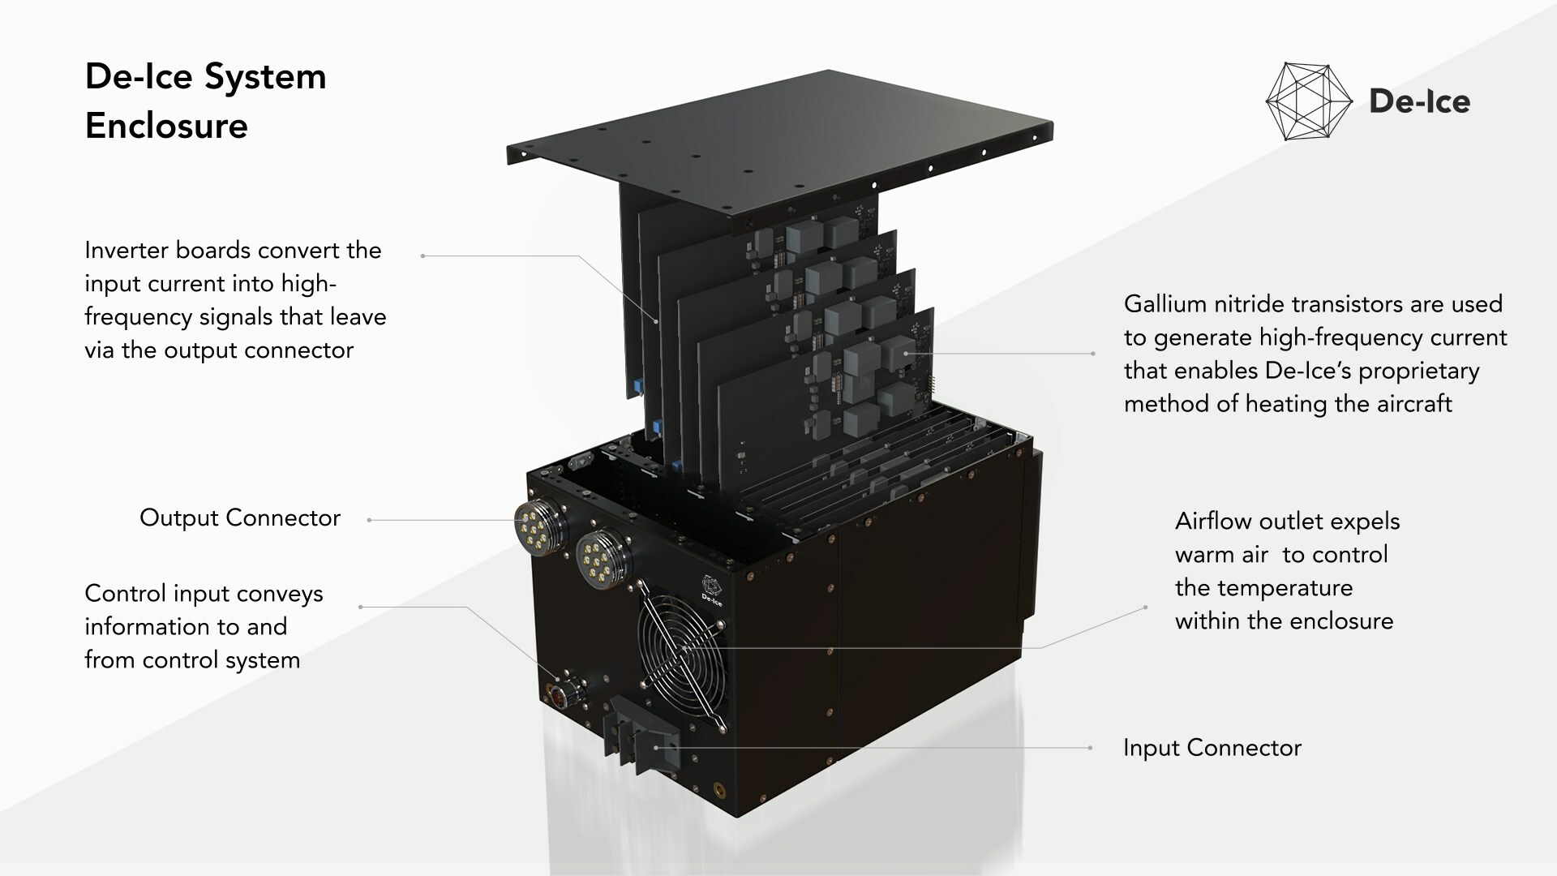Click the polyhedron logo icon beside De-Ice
tap(1308, 101)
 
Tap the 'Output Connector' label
tap(240, 518)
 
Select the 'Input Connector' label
tap(1212, 748)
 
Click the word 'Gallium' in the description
tap(1164, 304)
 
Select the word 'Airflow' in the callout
tap(1212, 522)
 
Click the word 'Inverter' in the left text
tap(127, 251)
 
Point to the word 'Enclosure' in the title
tap(166, 127)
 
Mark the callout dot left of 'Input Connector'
tap(1090, 748)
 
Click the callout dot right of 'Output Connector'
tap(369, 520)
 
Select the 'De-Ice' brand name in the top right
tap(1419, 101)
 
